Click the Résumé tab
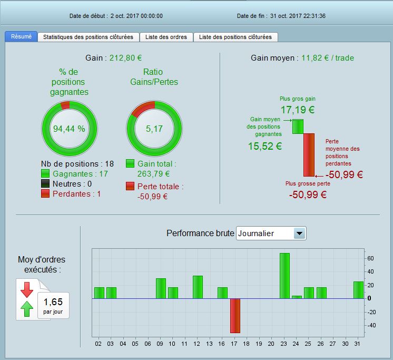(x=21, y=37)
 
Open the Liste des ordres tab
(x=167, y=37)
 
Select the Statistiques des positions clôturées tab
(x=89, y=37)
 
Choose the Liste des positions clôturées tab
(x=235, y=37)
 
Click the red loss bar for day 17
(x=235, y=315)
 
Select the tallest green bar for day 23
(x=284, y=276)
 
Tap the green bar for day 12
(x=198, y=287)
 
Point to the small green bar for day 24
(x=297, y=297)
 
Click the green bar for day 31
(x=358, y=290)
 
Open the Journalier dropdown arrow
(x=299, y=233)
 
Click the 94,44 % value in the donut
(x=69, y=129)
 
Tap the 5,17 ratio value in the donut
(x=154, y=129)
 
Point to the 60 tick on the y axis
(x=370, y=258)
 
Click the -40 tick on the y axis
(x=371, y=325)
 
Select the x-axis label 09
(x=160, y=344)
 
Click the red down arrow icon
(x=27, y=290)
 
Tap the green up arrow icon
(x=27, y=309)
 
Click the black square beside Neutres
(x=45, y=183)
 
